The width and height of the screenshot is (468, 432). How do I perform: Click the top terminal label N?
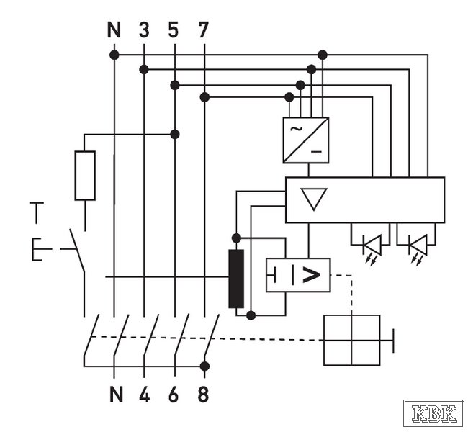tap(114, 30)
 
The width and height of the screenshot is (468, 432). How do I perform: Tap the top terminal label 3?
tap(144, 30)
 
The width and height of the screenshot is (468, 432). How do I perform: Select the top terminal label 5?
tap(174, 30)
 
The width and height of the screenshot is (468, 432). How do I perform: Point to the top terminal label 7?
tap(204, 30)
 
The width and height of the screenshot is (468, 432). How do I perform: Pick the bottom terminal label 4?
tap(144, 395)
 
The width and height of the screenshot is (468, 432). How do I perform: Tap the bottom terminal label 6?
tap(174, 395)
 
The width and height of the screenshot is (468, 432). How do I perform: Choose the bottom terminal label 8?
tap(204, 395)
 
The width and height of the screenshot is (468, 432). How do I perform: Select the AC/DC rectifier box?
tap(305, 140)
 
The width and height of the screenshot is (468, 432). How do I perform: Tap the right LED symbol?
tap(417, 245)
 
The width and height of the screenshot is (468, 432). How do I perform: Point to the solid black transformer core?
tap(236, 279)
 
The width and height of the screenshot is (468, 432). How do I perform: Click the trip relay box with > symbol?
tap(298, 275)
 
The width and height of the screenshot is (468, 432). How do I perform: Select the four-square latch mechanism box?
tap(351, 340)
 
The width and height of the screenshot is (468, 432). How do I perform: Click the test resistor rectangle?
tap(85, 176)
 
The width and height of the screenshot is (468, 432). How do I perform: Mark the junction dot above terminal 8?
tap(204, 366)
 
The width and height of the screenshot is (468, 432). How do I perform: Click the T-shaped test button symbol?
tap(37, 212)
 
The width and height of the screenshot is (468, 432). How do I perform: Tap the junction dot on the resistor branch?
tap(174, 134)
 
